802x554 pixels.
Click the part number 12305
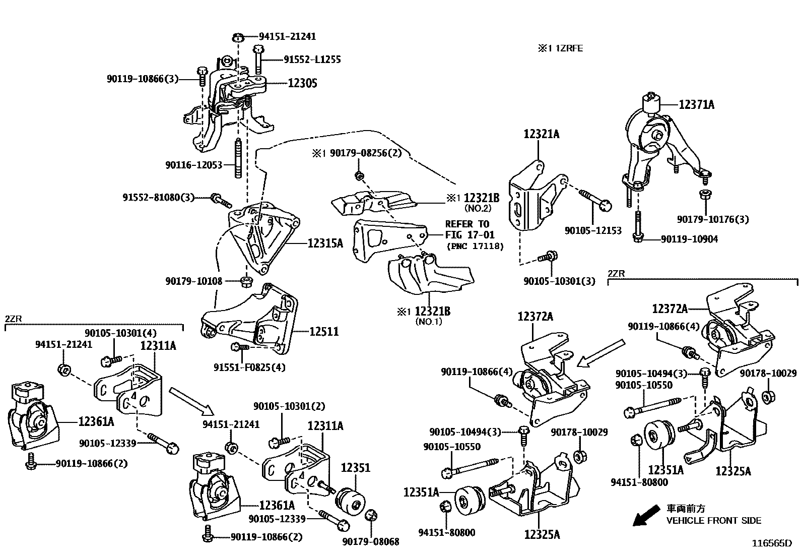point(303,83)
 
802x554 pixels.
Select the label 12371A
point(696,105)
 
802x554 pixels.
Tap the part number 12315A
point(325,243)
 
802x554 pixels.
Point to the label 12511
point(323,332)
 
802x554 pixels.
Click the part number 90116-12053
point(193,165)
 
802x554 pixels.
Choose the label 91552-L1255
point(312,59)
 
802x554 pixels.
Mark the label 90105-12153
point(593,230)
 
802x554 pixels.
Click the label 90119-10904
point(689,239)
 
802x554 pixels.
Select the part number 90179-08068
point(371,542)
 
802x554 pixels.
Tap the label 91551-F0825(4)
point(249,367)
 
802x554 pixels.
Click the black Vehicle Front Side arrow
point(646,515)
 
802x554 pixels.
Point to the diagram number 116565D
point(772,543)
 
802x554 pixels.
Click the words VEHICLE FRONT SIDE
point(713,520)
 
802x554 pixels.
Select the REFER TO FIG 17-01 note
point(470,230)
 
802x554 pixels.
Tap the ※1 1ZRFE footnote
point(560,48)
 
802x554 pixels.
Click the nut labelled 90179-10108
point(246,281)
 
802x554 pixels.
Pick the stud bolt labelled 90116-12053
point(238,159)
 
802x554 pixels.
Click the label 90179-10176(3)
point(712,219)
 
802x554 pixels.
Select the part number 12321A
point(542,135)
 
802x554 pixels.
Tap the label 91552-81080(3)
point(158,198)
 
